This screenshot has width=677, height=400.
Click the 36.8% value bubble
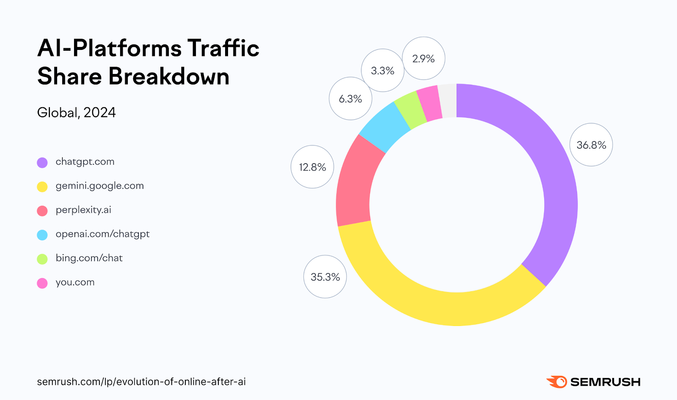click(591, 145)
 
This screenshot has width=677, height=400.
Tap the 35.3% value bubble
click(325, 277)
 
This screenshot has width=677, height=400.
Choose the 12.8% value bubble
click(312, 167)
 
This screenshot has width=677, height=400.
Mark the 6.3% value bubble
click(350, 99)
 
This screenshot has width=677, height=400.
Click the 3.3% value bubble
click(383, 71)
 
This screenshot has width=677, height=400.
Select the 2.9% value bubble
click(423, 59)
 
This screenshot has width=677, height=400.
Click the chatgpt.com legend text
click(85, 162)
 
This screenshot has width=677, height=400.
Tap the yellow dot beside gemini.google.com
click(42, 186)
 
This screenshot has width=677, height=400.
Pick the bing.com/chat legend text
click(89, 258)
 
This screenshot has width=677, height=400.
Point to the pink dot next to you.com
click(42, 283)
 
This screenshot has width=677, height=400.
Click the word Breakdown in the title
click(169, 77)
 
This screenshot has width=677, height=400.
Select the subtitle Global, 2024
click(76, 112)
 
